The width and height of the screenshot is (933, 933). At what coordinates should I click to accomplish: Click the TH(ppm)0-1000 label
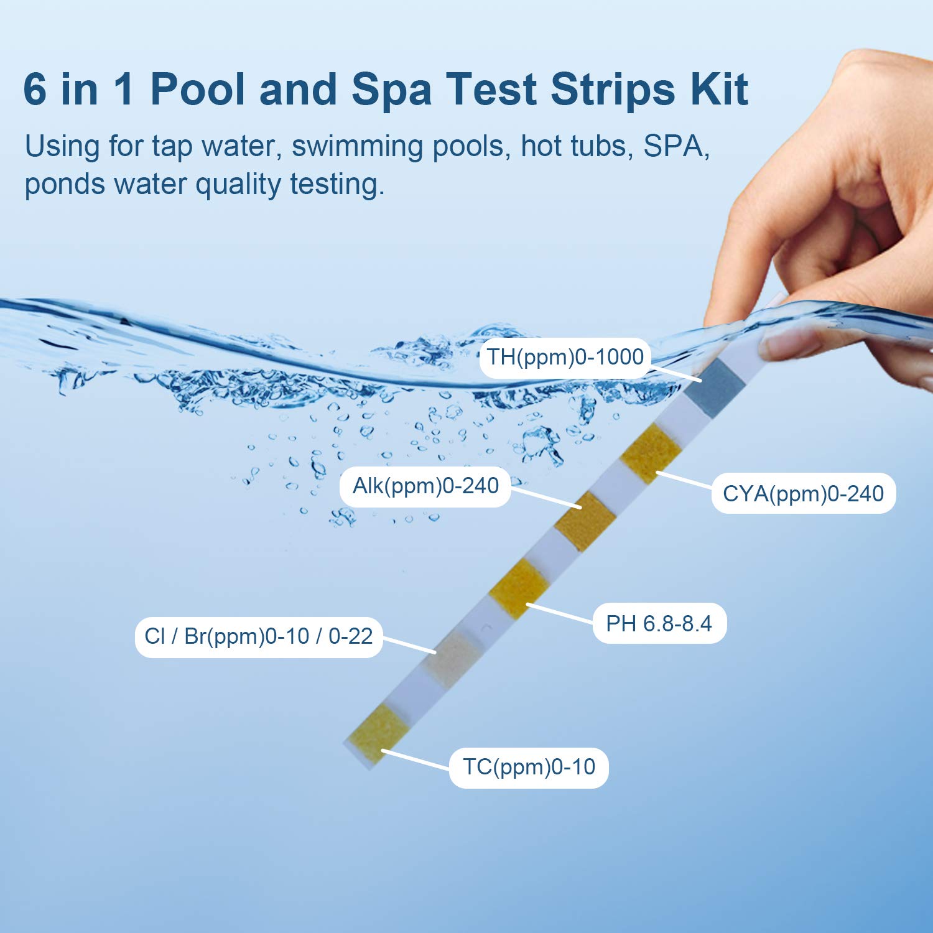pyautogui.click(x=565, y=358)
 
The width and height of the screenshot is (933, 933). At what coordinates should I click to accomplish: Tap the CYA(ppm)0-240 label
pyautogui.click(x=803, y=494)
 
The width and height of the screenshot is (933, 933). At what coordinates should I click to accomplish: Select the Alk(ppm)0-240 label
pyautogui.click(x=425, y=486)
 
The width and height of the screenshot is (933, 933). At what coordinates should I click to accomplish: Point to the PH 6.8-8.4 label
pyautogui.click(x=659, y=623)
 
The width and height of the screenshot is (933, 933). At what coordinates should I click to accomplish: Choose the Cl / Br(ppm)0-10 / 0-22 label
pyautogui.click(x=258, y=636)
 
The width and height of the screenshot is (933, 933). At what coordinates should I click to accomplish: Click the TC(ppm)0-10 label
pyautogui.click(x=529, y=767)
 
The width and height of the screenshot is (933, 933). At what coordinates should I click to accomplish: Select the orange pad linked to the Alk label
pyautogui.click(x=585, y=521)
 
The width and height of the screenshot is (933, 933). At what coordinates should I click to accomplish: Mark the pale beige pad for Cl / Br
pyautogui.click(x=452, y=658)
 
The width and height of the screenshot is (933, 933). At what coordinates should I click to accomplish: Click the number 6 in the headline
pyautogui.click(x=35, y=89)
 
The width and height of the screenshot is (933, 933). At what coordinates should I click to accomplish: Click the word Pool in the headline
pyautogui.click(x=198, y=89)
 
